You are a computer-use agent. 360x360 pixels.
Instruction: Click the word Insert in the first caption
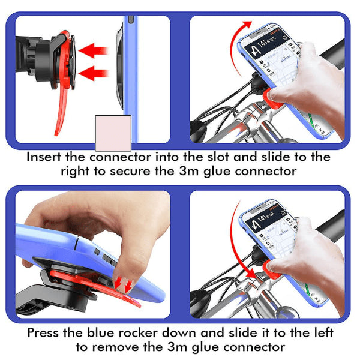click(x=44, y=157)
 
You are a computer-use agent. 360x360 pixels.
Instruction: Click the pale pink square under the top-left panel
click(x=113, y=133)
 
